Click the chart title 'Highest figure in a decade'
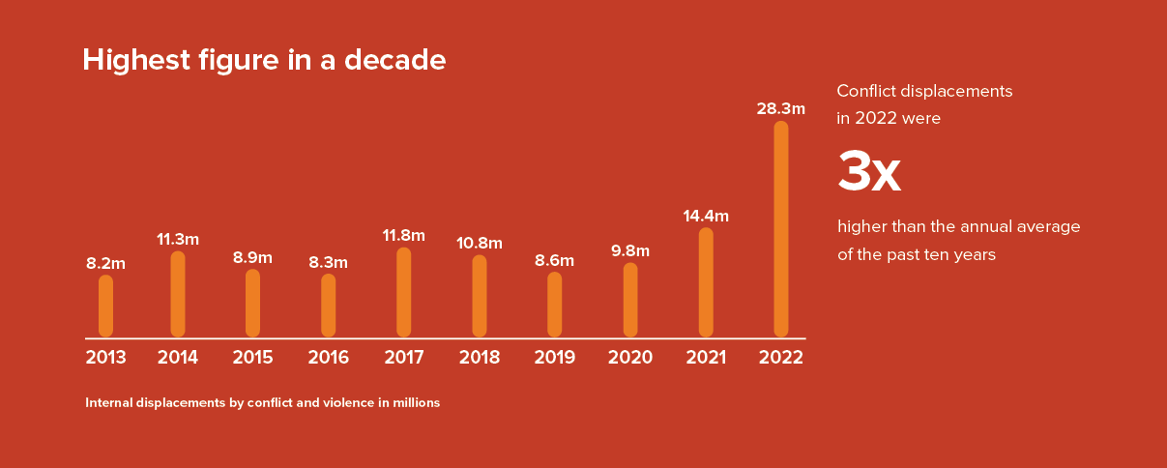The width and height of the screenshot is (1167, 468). coord(264,60)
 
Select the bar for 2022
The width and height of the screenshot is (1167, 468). coord(781,229)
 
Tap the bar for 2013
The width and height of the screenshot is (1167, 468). coord(106,306)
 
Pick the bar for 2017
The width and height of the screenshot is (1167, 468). coord(404,292)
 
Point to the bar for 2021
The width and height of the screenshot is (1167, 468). coord(706,282)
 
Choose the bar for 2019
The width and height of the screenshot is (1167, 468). coord(555,305)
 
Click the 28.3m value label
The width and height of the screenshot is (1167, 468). coord(780,108)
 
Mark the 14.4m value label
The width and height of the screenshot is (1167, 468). coord(706,216)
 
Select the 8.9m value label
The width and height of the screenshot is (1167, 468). coord(253,257)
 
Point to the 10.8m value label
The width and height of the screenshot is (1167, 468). coord(480,243)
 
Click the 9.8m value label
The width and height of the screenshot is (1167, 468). coord(630,251)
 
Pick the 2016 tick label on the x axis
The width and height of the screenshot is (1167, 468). coord(329,358)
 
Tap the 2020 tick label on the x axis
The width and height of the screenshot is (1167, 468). coord(630,358)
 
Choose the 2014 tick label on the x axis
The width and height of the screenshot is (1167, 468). coord(178,358)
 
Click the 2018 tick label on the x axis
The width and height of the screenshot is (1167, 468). coord(480,358)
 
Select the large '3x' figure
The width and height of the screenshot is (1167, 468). coord(868,172)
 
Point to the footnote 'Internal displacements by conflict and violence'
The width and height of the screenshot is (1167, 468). coord(263,402)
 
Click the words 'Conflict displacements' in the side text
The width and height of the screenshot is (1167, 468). coord(924,91)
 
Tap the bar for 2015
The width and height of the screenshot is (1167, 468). coord(253,303)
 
